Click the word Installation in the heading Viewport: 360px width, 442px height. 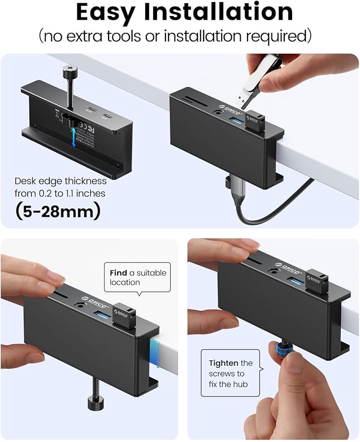pos(225,12)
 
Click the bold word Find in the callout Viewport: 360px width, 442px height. pos(118,273)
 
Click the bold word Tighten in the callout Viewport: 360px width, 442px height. pos(223,363)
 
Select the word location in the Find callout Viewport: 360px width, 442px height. pos(125,282)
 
